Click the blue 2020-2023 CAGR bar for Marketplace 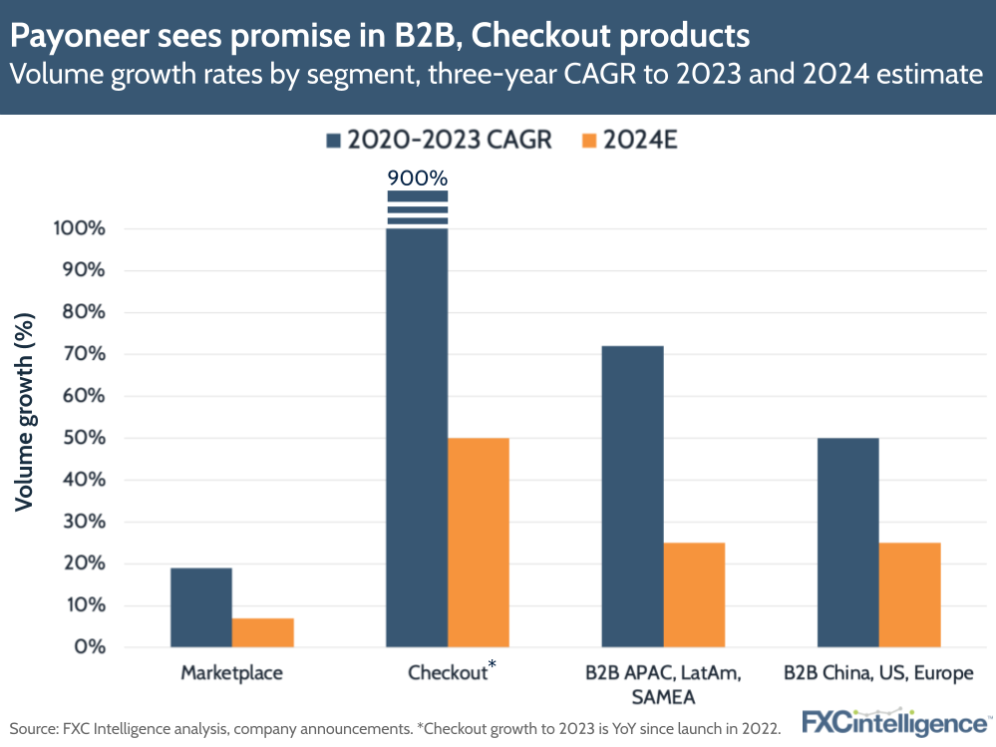(x=201, y=607)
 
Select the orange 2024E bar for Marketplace (x=263, y=632)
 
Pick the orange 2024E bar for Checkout (x=479, y=543)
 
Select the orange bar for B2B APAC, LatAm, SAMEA (x=694, y=594)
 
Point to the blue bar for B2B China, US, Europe (x=847, y=543)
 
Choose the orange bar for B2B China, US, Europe (x=909, y=594)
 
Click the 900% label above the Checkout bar (x=417, y=177)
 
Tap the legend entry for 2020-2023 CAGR (x=438, y=140)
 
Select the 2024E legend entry (x=629, y=140)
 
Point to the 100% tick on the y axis (x=74, y=228)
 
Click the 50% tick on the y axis (x=79, y=438)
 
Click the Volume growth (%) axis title (x=25, y=411)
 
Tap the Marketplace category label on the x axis (x=231, y=673)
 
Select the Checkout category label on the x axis (x=448, y=673)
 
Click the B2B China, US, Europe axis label (x=877, y=673)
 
